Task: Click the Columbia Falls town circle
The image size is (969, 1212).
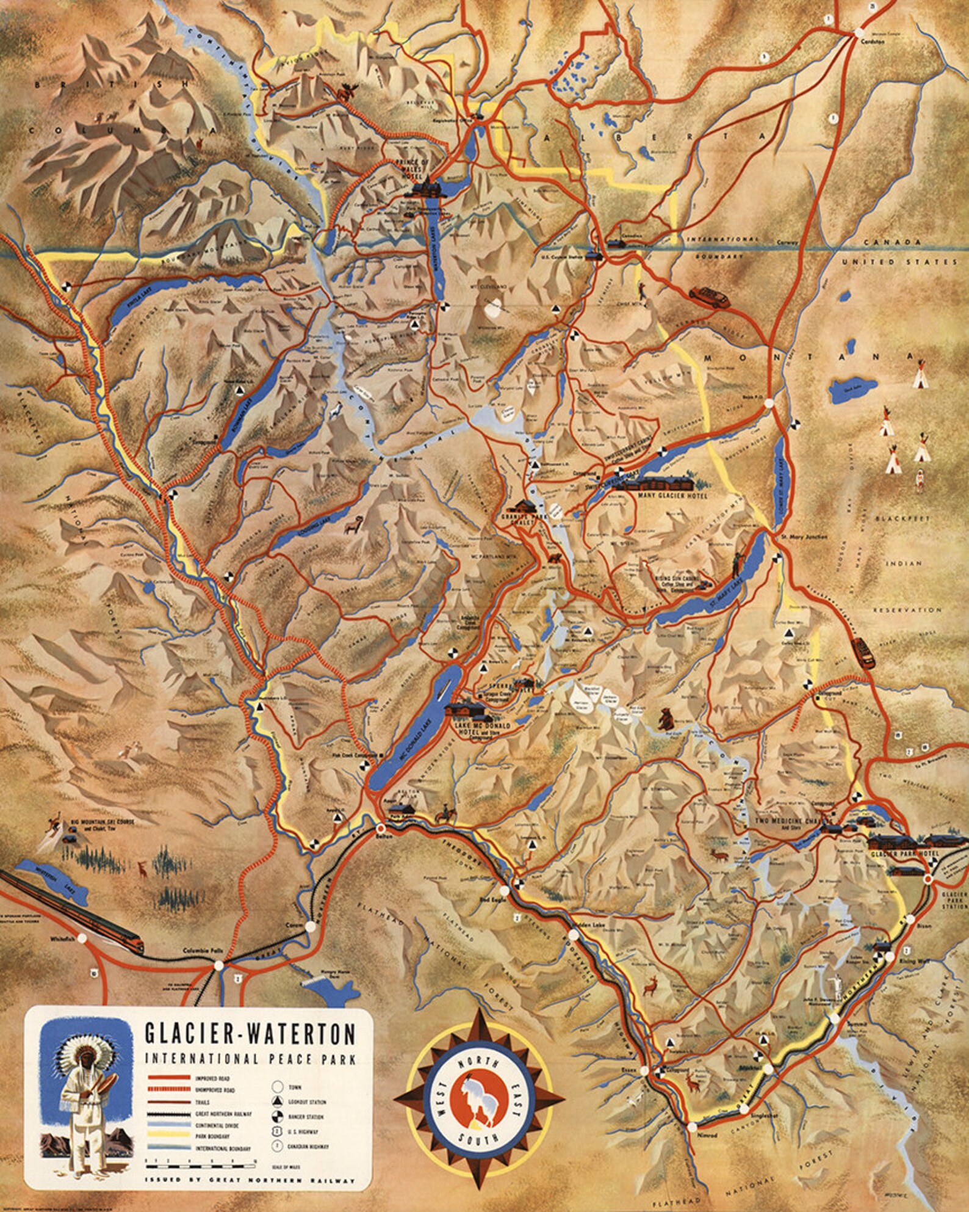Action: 218,965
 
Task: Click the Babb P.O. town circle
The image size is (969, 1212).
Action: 769,403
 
